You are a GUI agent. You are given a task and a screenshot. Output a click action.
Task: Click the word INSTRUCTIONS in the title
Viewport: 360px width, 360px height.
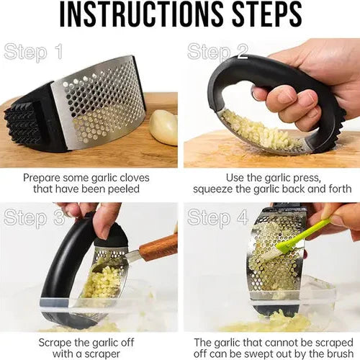142,14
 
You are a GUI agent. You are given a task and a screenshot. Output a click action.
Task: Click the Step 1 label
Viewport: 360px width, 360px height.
33,51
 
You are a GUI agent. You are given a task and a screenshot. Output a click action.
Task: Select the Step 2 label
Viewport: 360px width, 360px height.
217,51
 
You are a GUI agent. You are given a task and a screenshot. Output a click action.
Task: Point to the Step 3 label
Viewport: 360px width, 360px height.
35,217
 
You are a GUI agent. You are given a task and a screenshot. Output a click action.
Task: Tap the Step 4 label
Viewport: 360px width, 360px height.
217,217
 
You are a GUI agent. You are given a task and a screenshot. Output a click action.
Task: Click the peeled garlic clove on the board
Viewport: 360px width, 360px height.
163,127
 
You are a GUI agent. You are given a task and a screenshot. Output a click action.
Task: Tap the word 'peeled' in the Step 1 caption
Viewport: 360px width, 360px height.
124,189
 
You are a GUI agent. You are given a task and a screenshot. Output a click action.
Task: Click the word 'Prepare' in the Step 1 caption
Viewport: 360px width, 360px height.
42,179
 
